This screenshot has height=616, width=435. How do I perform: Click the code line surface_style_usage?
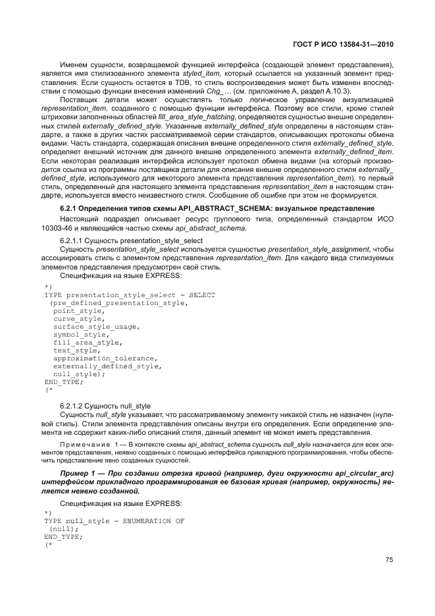pyautogui.click(x=96, y=326)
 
